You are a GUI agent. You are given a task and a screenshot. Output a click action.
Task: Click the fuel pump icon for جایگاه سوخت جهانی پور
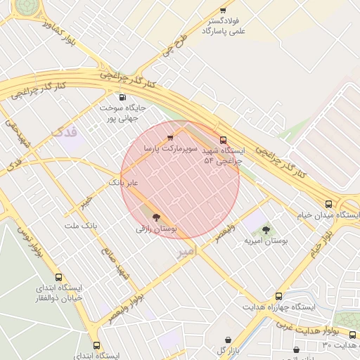pyautogui.click(x=123, y=98)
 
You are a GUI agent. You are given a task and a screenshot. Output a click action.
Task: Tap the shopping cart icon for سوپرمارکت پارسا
pyautogui.click(x=170, y=138)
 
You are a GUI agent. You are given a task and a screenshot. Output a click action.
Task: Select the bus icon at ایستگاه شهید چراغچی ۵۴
pyautogui.click(x=224, y=140)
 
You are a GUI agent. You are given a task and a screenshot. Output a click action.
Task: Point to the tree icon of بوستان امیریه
pyautogui.click(x=266, y=230)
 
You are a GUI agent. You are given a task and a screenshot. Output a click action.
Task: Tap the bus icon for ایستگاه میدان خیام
pyautogui.click(x=328, y=203)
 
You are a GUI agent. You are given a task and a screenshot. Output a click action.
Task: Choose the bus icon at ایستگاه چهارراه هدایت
pyautogui.click(x=279, y=297)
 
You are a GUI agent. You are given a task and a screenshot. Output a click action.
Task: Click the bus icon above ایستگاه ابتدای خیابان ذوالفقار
pyautogui.click(x=58, y=278)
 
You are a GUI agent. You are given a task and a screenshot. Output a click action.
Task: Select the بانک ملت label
pyautogui.click(x=79, y=226)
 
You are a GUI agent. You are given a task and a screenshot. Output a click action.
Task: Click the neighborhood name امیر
pyautogui.click(x=186, y=250)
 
